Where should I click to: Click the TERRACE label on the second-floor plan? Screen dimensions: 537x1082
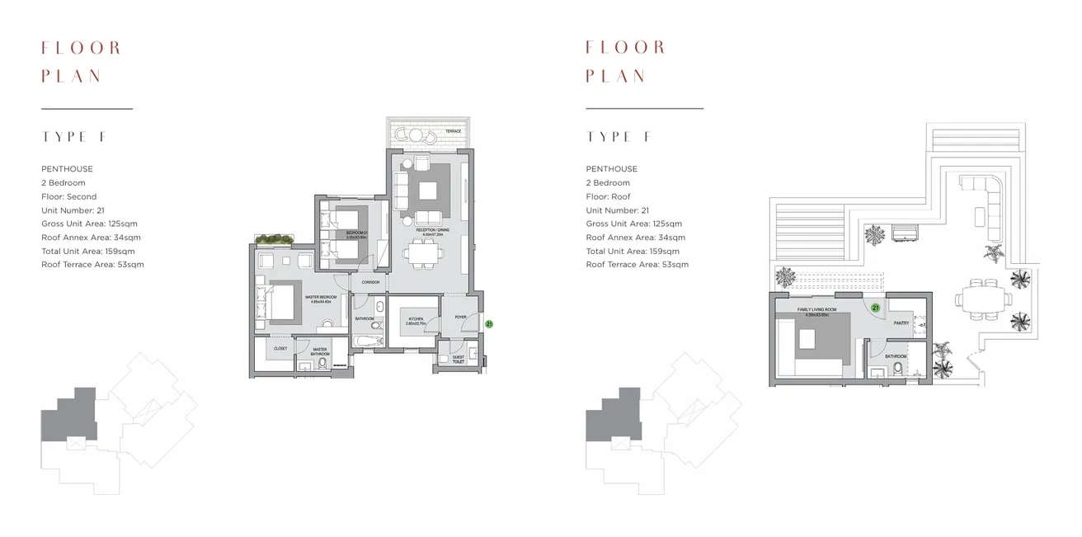453,132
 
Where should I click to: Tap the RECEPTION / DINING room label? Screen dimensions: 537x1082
427,232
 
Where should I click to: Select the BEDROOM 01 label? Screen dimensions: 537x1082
356,233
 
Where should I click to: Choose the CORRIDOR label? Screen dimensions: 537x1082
370,283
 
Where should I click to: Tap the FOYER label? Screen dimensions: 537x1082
460,316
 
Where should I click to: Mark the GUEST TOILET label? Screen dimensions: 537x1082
458,360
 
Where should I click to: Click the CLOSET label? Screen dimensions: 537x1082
280,350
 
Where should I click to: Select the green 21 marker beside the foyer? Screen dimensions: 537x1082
489,325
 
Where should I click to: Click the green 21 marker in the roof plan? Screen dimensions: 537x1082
875,308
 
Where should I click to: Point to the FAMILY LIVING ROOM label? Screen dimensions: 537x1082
816,311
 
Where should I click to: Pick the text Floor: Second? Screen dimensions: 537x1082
69,196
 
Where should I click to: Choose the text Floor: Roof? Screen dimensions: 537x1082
609,196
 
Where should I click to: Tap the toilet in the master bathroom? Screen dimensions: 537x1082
322,364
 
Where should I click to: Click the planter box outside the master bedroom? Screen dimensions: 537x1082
275,240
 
